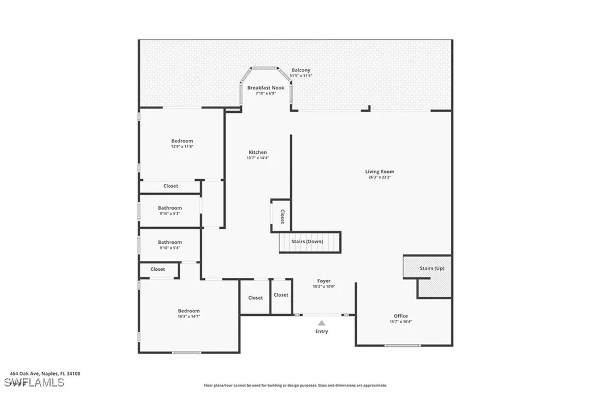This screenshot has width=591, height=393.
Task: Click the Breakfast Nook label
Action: tap(265, 88)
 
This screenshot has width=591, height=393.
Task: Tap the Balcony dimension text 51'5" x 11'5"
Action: tap(300, 76)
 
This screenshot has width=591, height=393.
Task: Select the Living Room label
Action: tap(379, 171)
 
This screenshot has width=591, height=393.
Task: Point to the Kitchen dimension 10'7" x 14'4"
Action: tap(257, 158)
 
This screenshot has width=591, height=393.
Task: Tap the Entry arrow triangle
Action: tap(321, 323)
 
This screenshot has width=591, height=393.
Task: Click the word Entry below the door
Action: tap(321, 331)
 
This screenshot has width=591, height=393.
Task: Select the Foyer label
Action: tap(323, 281)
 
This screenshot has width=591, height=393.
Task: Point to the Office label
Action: tap(401, 316)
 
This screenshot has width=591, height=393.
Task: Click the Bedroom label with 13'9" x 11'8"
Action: tap(182, 141)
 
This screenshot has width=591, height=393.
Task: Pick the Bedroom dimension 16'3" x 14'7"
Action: tap(188, 316)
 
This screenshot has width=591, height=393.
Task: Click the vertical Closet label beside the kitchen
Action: tap(282, 216)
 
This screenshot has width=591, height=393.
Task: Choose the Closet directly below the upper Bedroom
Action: tap(170, 186)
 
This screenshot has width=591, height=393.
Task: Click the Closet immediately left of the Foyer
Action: tap(281, 295)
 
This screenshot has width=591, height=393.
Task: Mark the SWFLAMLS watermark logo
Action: tap(34, 383)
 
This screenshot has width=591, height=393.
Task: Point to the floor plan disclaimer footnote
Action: tap(295, 385)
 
